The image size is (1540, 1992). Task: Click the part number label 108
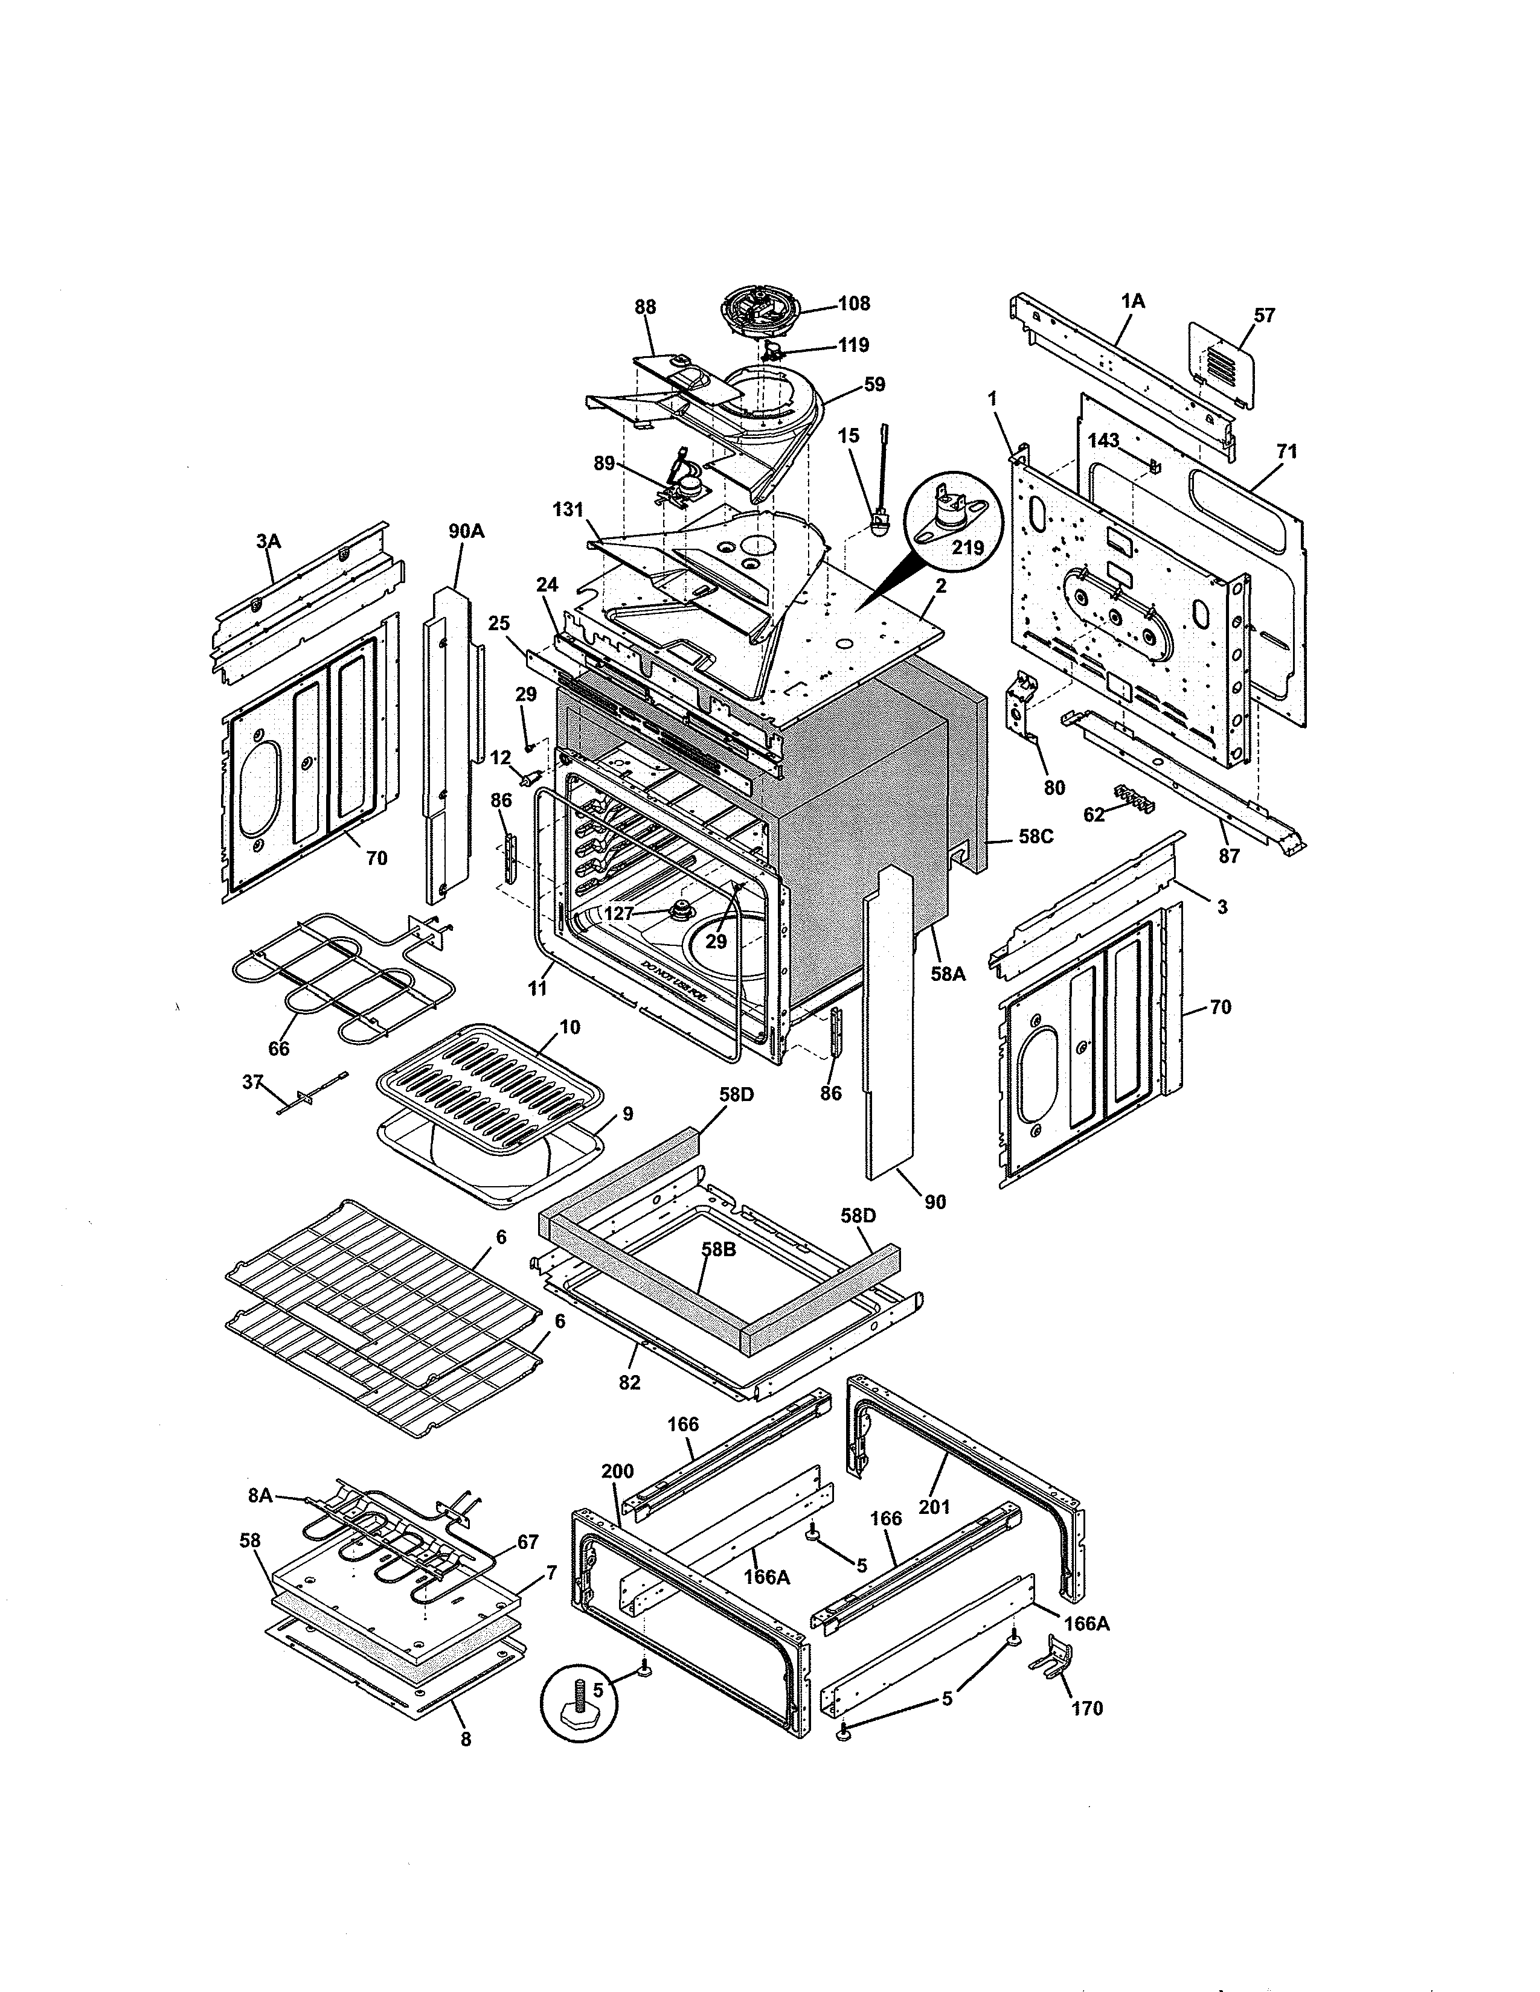854,304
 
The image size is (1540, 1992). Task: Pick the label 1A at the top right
1132,301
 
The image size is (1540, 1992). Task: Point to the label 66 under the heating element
278,1049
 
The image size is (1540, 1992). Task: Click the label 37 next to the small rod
252,1083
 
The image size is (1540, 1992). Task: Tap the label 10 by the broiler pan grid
569,1027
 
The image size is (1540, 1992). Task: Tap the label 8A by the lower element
261,1496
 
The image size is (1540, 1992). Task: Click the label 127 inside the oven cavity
620,914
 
